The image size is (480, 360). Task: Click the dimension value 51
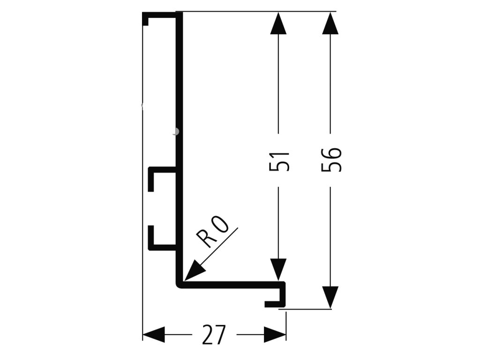(x=280, y=160)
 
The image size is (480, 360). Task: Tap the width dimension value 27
(x=214, y=335)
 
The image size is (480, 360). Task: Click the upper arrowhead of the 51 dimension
(x=279, y=23)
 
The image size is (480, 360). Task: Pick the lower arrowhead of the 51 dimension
(x=279, y=271)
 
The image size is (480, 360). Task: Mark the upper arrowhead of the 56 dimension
(x=331, y=23)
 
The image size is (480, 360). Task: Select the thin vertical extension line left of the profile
(x=142, y=187)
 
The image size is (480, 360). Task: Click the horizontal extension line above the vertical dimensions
(x=258, y=11)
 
